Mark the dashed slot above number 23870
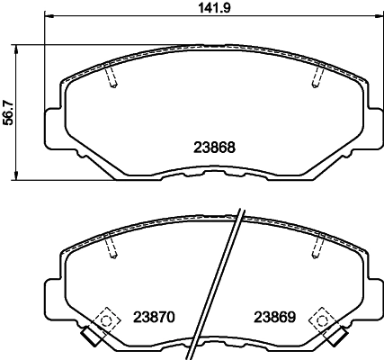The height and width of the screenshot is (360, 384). point(111,247)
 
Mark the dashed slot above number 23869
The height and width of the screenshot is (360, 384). point(317,247)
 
